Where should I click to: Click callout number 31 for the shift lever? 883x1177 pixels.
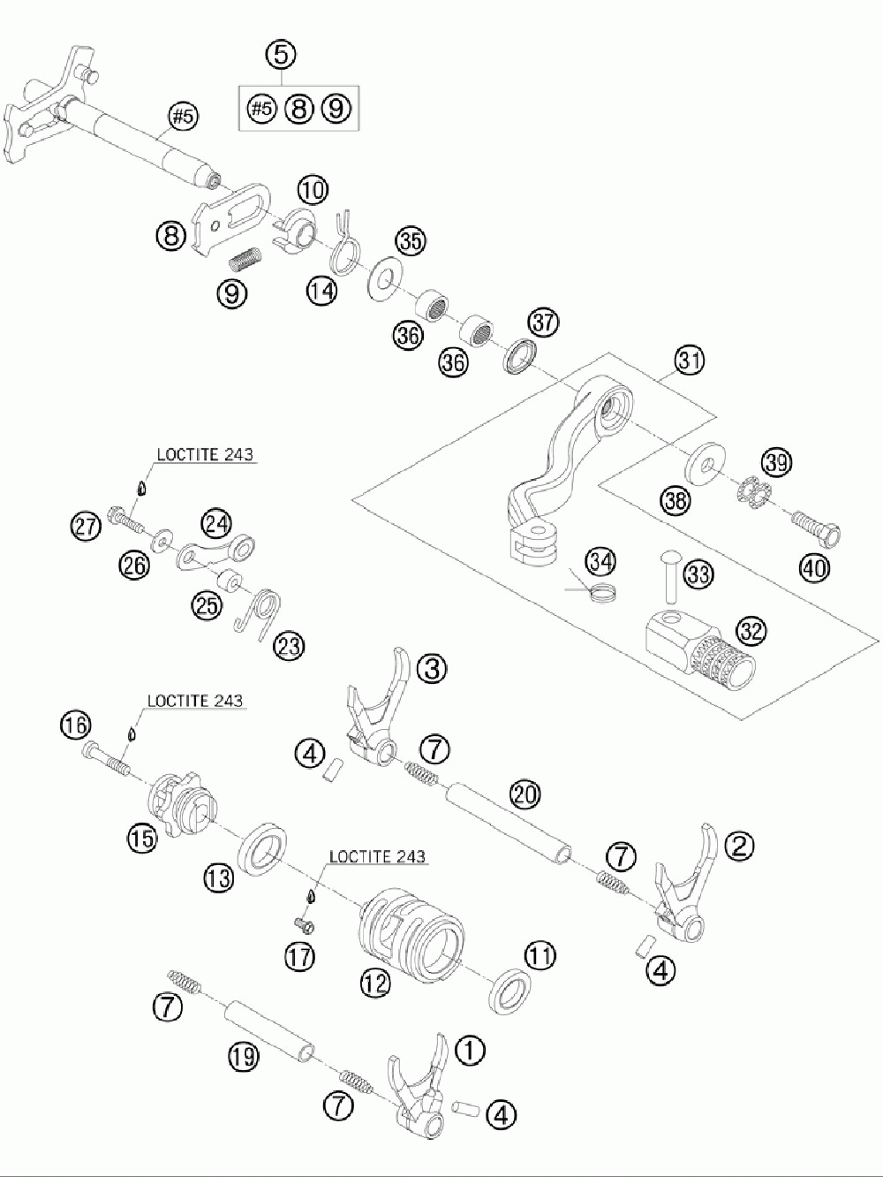click(689, 361)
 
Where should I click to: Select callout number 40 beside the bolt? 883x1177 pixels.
click(814, 567)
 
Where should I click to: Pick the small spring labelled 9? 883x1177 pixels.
click(245, 258)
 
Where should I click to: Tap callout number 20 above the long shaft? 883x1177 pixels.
click(525, 794)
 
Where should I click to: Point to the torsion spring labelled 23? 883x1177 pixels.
click(258, 614)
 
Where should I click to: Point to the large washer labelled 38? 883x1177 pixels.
click(706, 464)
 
